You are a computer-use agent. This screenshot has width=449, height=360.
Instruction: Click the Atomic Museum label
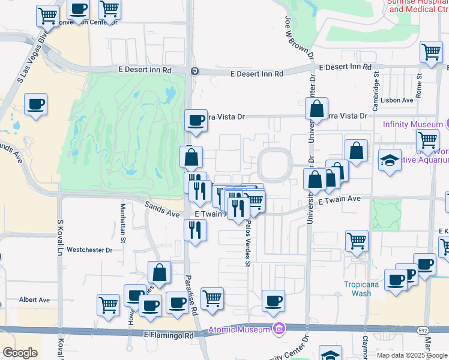point(240,329)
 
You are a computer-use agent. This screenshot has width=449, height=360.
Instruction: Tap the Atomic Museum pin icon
point(278,329)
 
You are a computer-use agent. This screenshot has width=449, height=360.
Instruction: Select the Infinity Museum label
point(412,124)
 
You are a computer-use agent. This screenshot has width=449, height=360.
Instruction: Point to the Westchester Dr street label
point(89,250)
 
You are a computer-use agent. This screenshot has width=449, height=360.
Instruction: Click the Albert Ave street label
point(34,299)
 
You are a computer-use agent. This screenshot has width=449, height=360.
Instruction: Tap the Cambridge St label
point(376,87)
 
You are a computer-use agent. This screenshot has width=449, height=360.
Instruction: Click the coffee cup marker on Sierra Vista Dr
point(196,121)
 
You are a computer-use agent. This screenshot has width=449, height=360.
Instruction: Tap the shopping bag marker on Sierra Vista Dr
point(316,109)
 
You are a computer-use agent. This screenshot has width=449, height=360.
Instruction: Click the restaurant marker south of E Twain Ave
point(195,230)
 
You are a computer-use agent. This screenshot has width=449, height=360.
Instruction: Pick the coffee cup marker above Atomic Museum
point(274,301)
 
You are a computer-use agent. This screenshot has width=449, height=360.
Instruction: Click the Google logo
point(20,353)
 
